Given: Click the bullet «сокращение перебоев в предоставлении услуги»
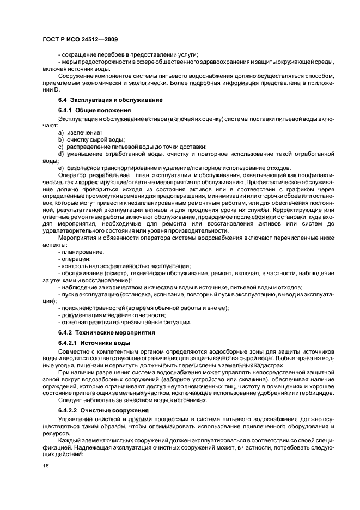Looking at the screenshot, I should pyautogui.click(x=128, y=54).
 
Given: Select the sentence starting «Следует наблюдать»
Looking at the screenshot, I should pyautogui.click(x=132, y=400).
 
